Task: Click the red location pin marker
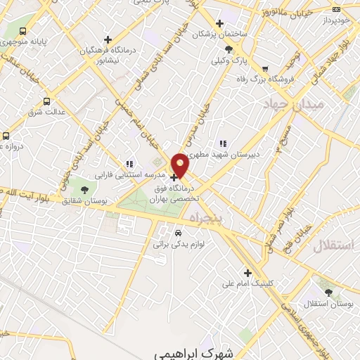pos(181,165)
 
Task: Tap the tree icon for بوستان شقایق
pos(84,190)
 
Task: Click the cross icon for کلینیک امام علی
pos(247,273)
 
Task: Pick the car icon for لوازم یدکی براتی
pos(178,233)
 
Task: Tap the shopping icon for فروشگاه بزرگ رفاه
pos(264,69)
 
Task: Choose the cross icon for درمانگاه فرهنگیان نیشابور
pos(107,39)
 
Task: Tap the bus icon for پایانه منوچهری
pos(23,32)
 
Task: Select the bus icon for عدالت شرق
pos(46,101)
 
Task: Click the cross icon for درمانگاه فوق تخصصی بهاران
pos(174,178)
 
